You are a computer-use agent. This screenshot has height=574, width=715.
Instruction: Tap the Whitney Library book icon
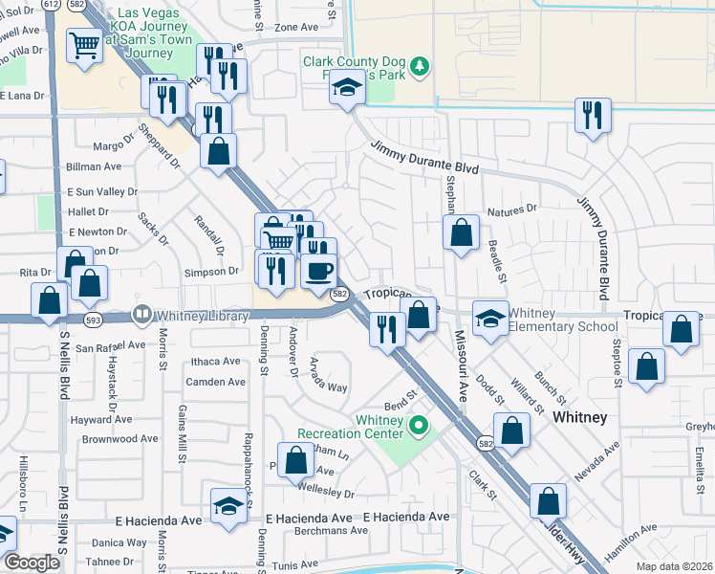point(142,313)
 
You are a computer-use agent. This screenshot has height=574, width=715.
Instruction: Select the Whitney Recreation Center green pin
point(417,424)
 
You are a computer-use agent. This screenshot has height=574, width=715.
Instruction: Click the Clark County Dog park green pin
point(419,67)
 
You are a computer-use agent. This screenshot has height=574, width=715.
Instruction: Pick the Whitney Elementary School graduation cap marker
point(490,318)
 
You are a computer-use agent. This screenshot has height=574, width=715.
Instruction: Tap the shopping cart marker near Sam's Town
point(85,44)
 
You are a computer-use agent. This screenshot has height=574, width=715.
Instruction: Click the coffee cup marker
point(318,271)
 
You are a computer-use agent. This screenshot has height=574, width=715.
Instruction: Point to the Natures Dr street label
point(511,207)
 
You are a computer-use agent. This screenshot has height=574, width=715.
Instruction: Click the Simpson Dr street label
point(213,272)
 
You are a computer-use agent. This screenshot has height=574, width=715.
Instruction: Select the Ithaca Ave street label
point(218,361)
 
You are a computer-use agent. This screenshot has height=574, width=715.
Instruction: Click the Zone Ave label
point(296,27)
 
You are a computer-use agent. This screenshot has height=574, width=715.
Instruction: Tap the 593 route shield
point(93,319)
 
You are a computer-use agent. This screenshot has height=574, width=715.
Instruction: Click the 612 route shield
point(51,5)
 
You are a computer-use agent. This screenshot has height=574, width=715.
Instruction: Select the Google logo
point(32,563)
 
